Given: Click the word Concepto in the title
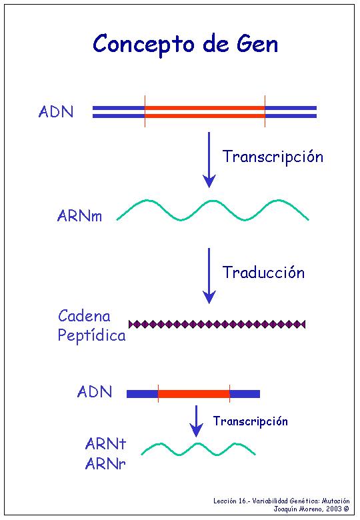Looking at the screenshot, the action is [x=143, y=45].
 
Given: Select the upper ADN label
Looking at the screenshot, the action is [x=56, y=112].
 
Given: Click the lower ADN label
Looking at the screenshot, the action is [x=95, y=391].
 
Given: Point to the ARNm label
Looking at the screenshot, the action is [x=79, y=216].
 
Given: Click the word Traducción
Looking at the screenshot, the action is [x=263, y=273].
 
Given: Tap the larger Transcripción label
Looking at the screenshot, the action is [x=273, y=157].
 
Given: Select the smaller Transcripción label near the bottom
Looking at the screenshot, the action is [x=250, y=421].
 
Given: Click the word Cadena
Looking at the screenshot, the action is [x=84, y=316].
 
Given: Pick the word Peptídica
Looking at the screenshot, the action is [x=92, y=335].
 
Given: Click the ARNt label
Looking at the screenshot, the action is [x=106, y=444].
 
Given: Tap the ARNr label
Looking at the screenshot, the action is [x=105, y=463].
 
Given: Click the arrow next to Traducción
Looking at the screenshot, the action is [x=209, y=276].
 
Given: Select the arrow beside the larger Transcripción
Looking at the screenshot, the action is [x=209, y=160].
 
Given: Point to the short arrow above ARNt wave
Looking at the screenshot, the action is [x=196, y=421].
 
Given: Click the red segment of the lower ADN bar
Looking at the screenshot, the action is [x=194, y=393].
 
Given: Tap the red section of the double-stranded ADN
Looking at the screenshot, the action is [x=205, y=112].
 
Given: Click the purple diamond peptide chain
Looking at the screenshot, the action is [x=217, y=324].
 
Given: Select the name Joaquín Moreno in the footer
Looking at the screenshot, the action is [x=297, y=509].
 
